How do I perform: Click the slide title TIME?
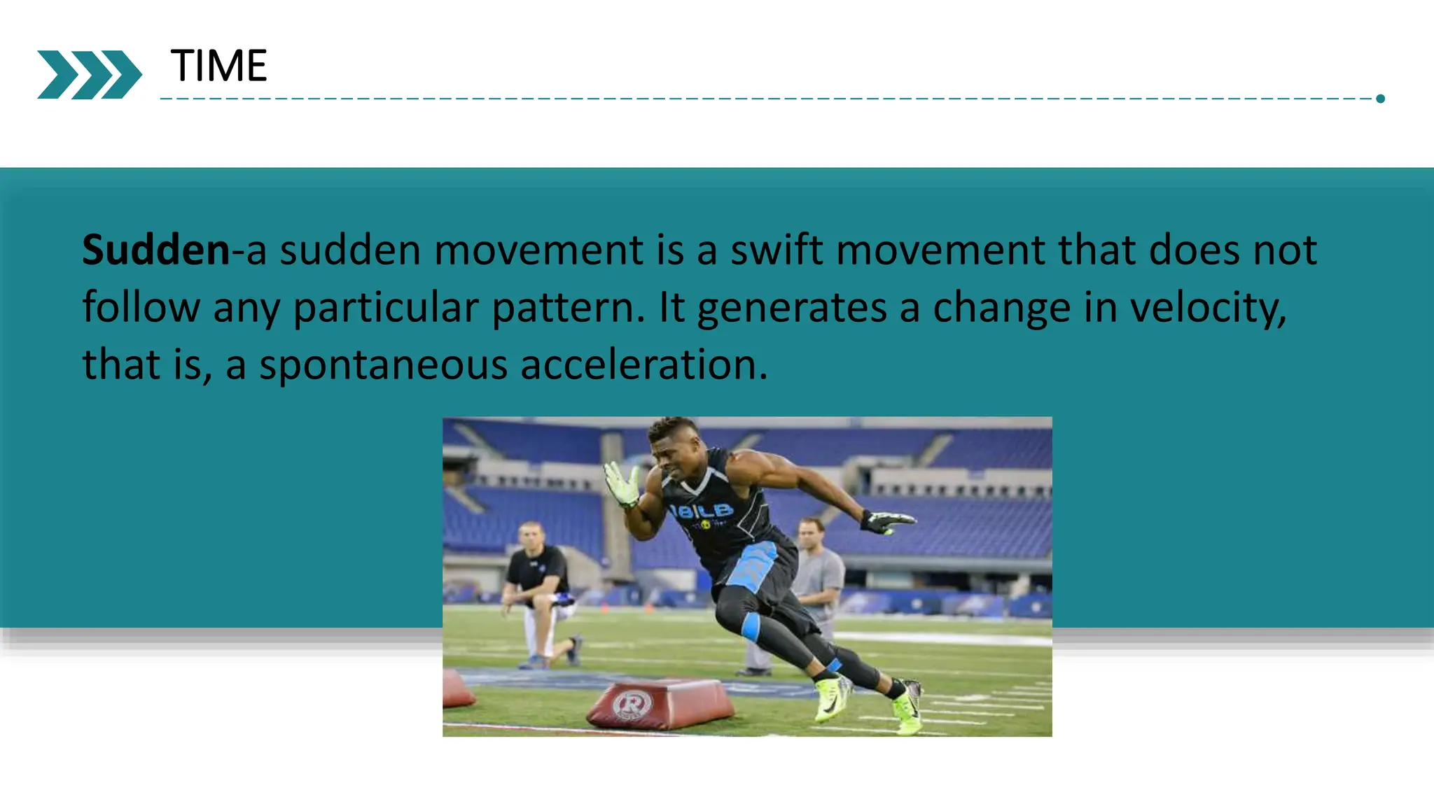218,66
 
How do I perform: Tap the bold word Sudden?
155,250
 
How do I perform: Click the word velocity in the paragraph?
1207,308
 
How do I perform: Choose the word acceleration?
643,365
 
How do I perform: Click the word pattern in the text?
568,308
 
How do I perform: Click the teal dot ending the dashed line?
1380,99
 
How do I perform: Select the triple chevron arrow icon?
89,74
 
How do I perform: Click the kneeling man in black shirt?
538,588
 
